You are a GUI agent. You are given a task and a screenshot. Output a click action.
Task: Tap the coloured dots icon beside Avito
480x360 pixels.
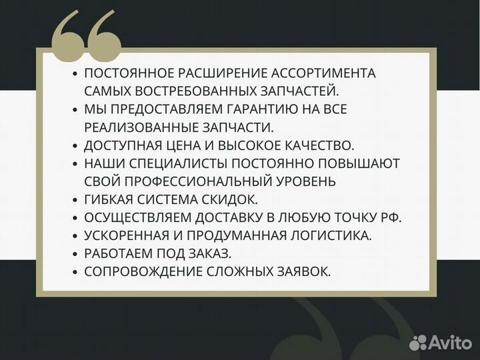[419, 342]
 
